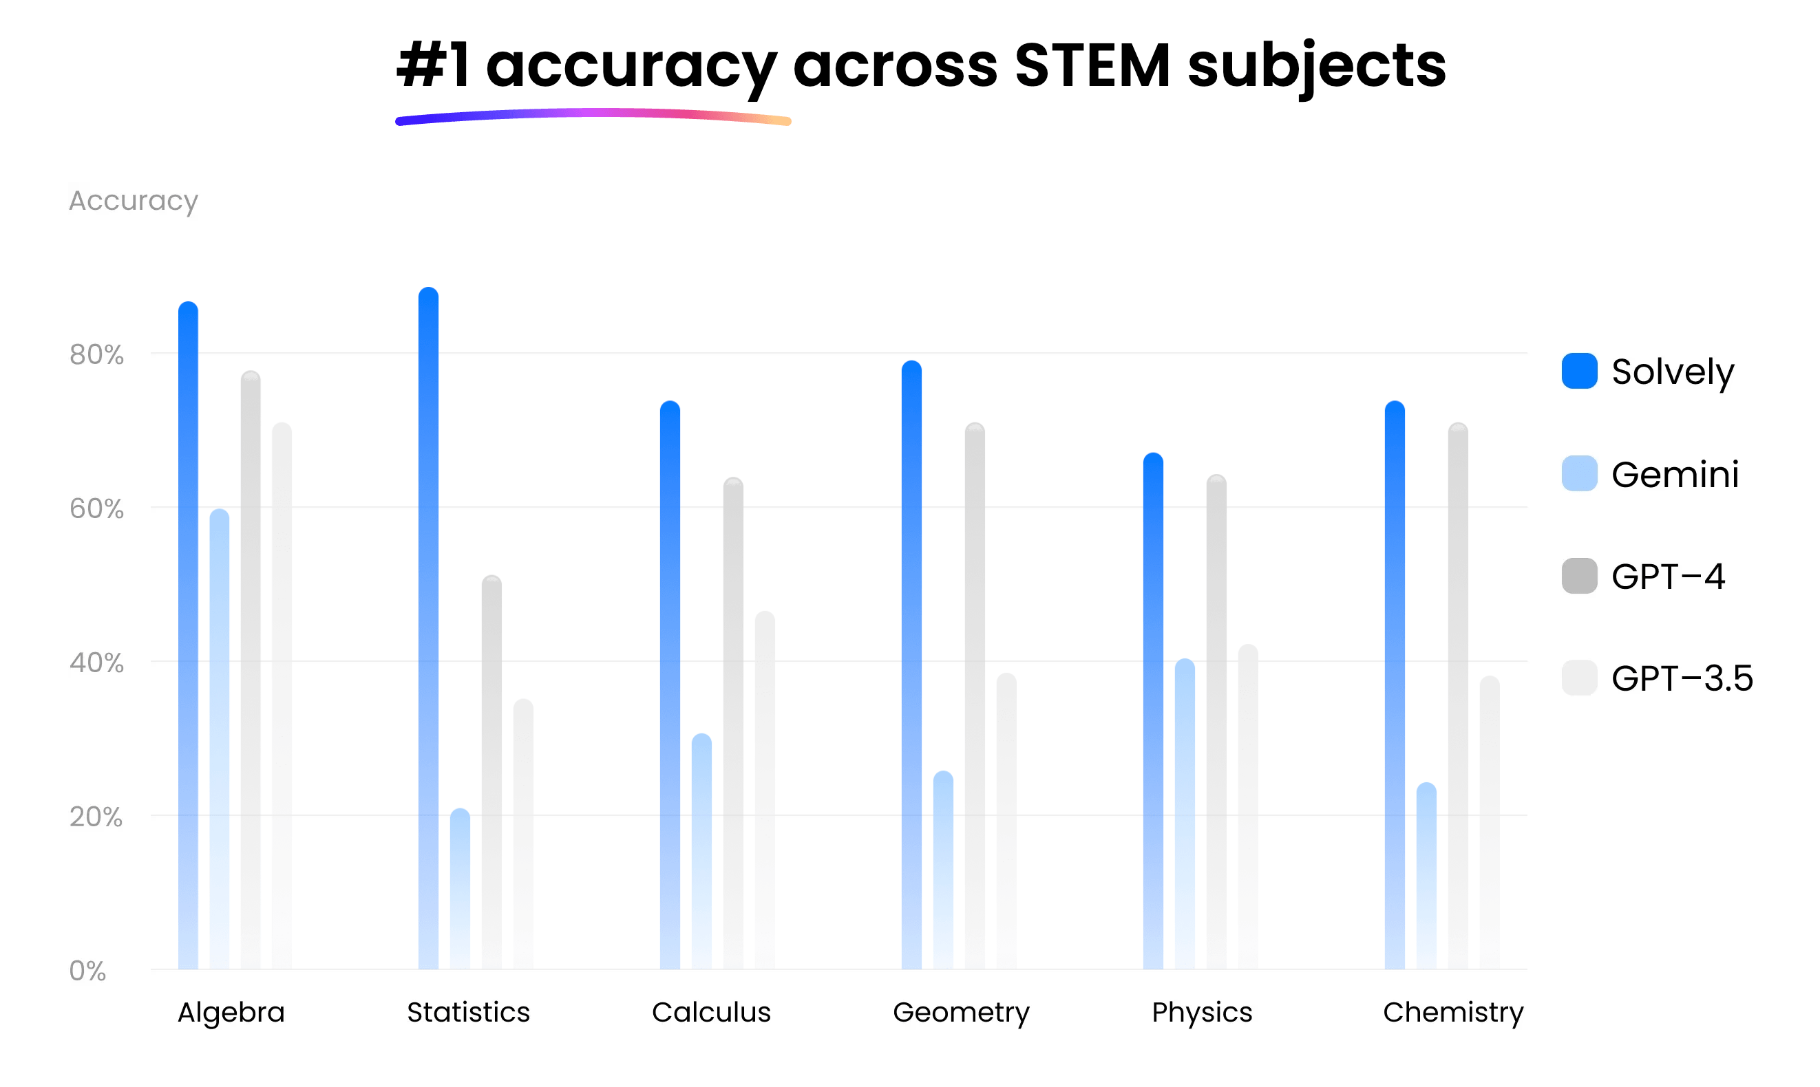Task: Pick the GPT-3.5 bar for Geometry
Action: coord(1007,820)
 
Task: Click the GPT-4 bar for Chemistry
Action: coord(1458,696)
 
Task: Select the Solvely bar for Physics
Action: coord(1153,711)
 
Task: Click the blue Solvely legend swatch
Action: coord(1579,371)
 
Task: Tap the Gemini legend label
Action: coord(1675,475)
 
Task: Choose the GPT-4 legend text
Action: coord(1668,577)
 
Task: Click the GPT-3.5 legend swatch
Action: coord(1579,678)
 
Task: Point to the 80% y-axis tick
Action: coord(96,354)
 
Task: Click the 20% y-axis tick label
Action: coord(96,817)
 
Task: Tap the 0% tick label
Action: coord(87,971)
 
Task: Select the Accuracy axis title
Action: coord(134,201)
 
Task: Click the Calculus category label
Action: coord(712,1012)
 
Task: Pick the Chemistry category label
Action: coord(1453,1012)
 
